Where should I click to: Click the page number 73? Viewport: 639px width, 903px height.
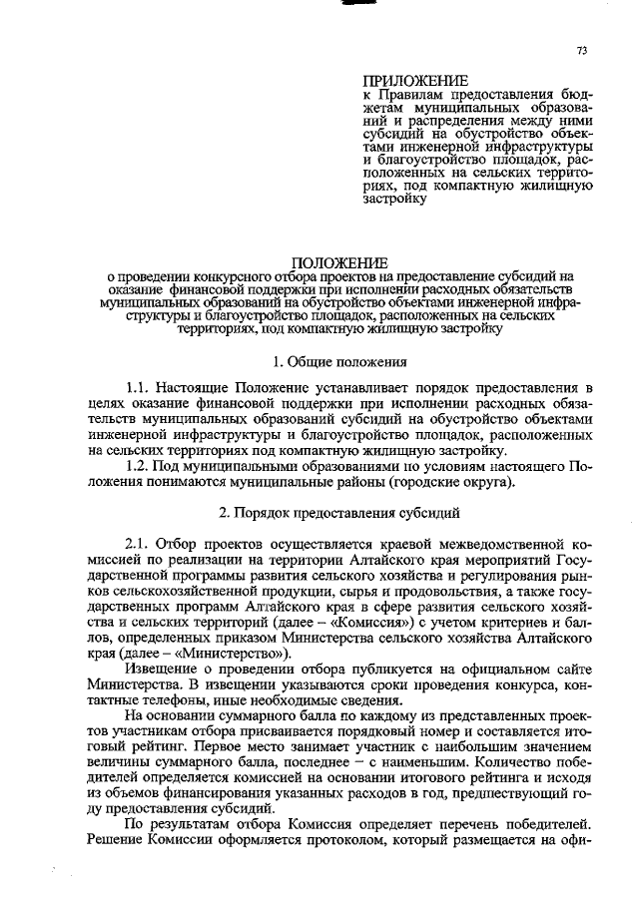pos(582,49)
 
